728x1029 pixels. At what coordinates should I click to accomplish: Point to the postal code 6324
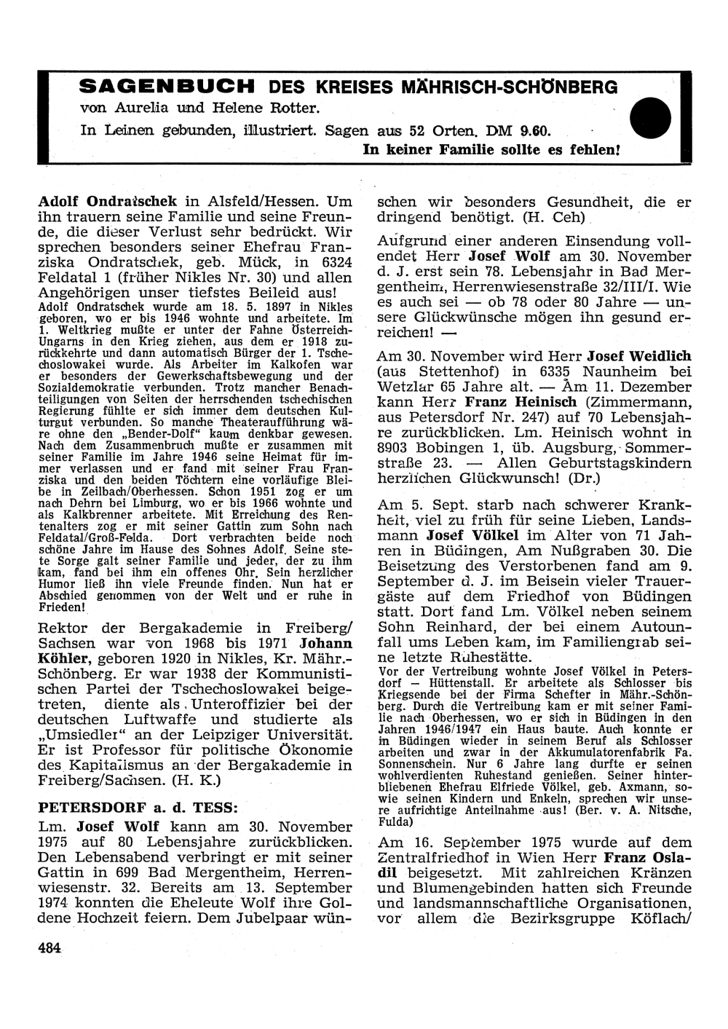(x=332, y=261)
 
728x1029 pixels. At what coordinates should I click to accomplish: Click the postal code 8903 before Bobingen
(x=397, y=447)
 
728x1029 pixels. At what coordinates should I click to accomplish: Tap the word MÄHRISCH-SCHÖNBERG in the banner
(x=503, y=87)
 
